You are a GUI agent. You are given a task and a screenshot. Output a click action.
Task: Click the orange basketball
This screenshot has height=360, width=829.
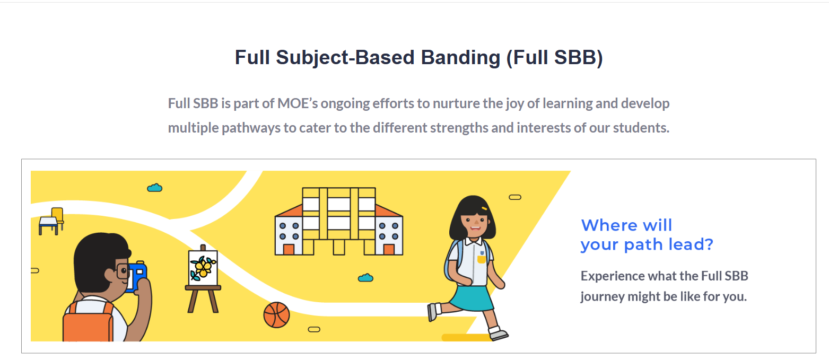pyautogui.click(x=276, y=315)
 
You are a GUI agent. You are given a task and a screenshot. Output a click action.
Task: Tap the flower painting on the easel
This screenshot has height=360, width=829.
pyautogui.click(x=203, y=268)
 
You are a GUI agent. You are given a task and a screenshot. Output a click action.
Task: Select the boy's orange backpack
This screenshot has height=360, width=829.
pyautogui.click(x=88, y=321)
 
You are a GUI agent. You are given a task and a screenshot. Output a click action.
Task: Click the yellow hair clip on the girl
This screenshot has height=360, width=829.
pyautogui.click(x=484, y=208)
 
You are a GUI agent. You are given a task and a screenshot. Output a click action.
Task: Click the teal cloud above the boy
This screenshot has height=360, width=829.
pyautogui.click(x=155, y=188)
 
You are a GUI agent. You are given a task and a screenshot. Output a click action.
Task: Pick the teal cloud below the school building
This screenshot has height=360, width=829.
pyautogui.click(x=365, y=277)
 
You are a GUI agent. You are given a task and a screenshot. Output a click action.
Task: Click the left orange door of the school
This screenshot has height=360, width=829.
pyautogui.click(x=289, y=249)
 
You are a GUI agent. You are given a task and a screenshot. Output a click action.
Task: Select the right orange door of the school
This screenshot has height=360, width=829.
pyautogui.click(x=389, y=249)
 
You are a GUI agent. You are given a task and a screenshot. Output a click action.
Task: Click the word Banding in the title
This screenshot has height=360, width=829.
pyautogui.click(x=460, y=58)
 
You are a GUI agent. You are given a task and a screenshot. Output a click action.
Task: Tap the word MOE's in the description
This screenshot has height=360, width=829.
pyautogui.click(x=298, y=103)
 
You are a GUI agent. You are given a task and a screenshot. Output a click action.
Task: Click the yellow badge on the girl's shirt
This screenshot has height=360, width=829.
pyautogui.click(x=482, y=259)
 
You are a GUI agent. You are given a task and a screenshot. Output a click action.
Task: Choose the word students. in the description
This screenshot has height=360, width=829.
pyautogui.click(x=641, y=128)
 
